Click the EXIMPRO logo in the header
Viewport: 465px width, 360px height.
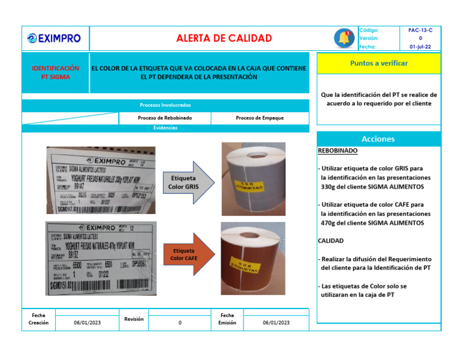click(54, 39)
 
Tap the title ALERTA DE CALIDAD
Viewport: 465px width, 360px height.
click(223, 38)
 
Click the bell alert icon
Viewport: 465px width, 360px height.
click(345, 38)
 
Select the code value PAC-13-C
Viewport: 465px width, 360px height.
click(420, 30)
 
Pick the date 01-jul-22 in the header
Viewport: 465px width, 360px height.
click(420, 46)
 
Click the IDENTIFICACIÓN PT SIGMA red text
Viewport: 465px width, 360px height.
click(55, 73)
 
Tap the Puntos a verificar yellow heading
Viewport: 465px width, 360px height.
click(378, 63)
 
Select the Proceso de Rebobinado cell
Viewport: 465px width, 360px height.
click(165, 118)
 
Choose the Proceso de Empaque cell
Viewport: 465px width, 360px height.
click(259, 118)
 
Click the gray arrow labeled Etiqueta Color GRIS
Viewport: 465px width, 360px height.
click(187, 182)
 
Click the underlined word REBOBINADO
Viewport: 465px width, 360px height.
click(337, 150)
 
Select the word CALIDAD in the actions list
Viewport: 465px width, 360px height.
click(331, 241)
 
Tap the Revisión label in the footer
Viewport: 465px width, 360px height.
click(134, 319)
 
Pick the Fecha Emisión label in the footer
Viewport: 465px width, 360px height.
click(227, 319)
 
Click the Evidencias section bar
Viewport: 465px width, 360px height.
click(165, 128)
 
